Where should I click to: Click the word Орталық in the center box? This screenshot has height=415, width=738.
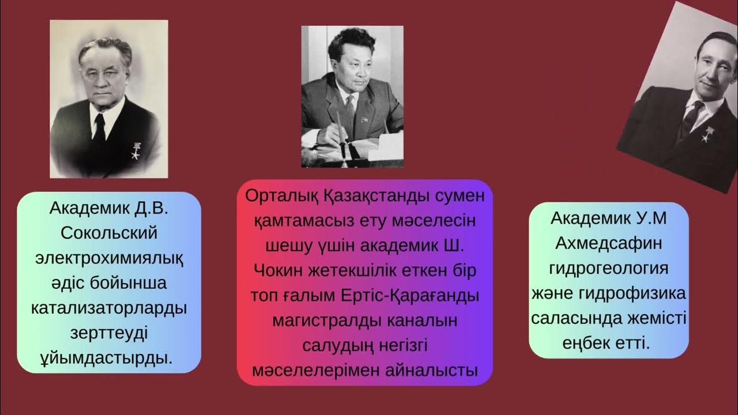coord(280,195)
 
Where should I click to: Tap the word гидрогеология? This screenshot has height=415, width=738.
coord(609,269)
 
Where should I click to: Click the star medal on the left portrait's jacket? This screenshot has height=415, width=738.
coord(136,153)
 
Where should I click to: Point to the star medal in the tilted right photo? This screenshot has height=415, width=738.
coord(705,136)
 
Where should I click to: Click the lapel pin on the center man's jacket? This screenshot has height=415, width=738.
coord(363,119)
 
